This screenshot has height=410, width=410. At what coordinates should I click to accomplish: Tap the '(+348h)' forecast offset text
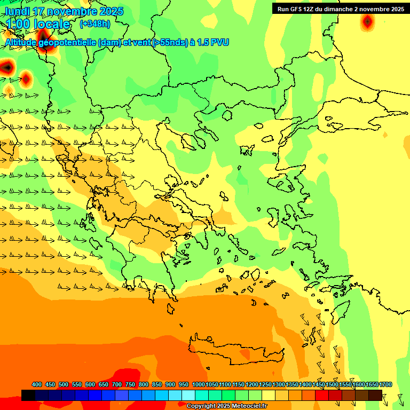point(94,24)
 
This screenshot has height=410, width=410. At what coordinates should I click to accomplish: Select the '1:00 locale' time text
point(38,24)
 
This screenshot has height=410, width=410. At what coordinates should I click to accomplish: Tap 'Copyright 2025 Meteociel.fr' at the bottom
point(226,406)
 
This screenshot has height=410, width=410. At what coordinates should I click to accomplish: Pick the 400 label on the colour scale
point(37,385)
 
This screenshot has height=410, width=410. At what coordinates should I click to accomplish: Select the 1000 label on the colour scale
point(198,385)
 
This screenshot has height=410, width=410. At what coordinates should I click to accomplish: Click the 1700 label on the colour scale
point(385,385)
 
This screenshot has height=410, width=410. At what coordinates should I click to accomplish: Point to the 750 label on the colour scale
point(130,385)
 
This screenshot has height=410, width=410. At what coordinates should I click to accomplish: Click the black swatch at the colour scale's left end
point(28,395)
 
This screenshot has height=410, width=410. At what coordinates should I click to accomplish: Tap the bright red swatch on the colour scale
point(322,395)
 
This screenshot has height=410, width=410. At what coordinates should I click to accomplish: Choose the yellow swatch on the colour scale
point(269,395)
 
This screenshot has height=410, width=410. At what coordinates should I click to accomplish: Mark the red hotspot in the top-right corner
point(367,22)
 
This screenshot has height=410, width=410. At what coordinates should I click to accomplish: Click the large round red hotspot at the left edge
point(6,67)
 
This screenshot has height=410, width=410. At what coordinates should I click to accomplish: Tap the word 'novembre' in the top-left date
point(75,11)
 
